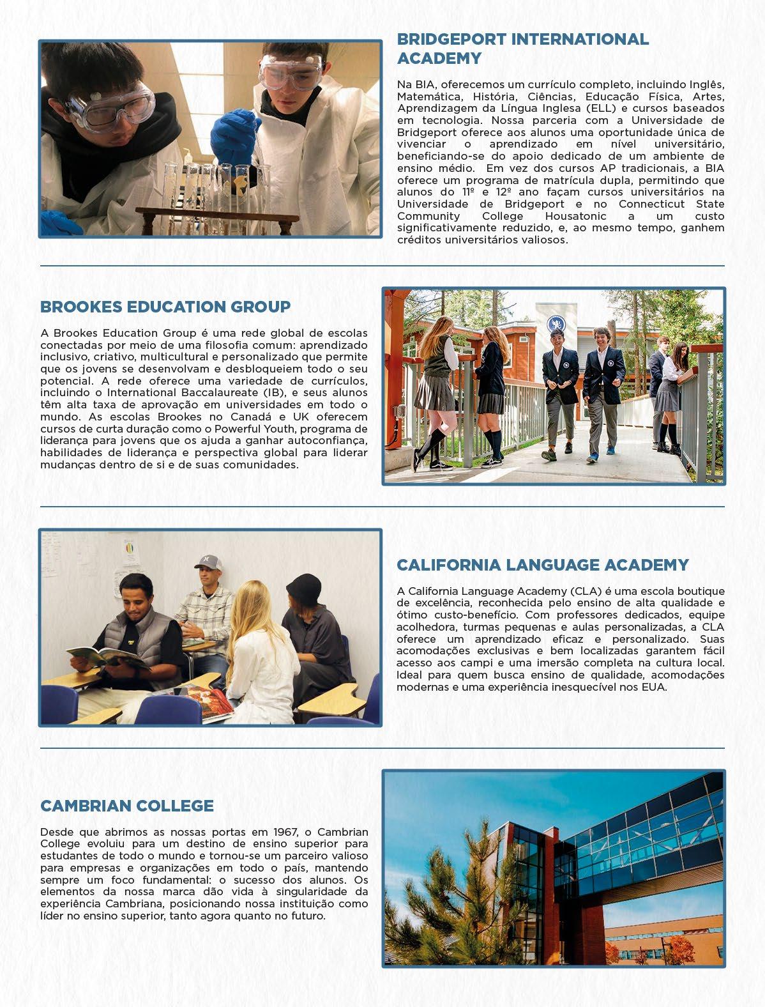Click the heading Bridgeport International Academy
[x=522, y=49]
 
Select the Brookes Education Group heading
[x=165, y=307]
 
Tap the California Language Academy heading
[x=542, y=565]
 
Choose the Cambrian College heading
[x=126, y=806]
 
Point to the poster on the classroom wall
[x=132, y=550]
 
